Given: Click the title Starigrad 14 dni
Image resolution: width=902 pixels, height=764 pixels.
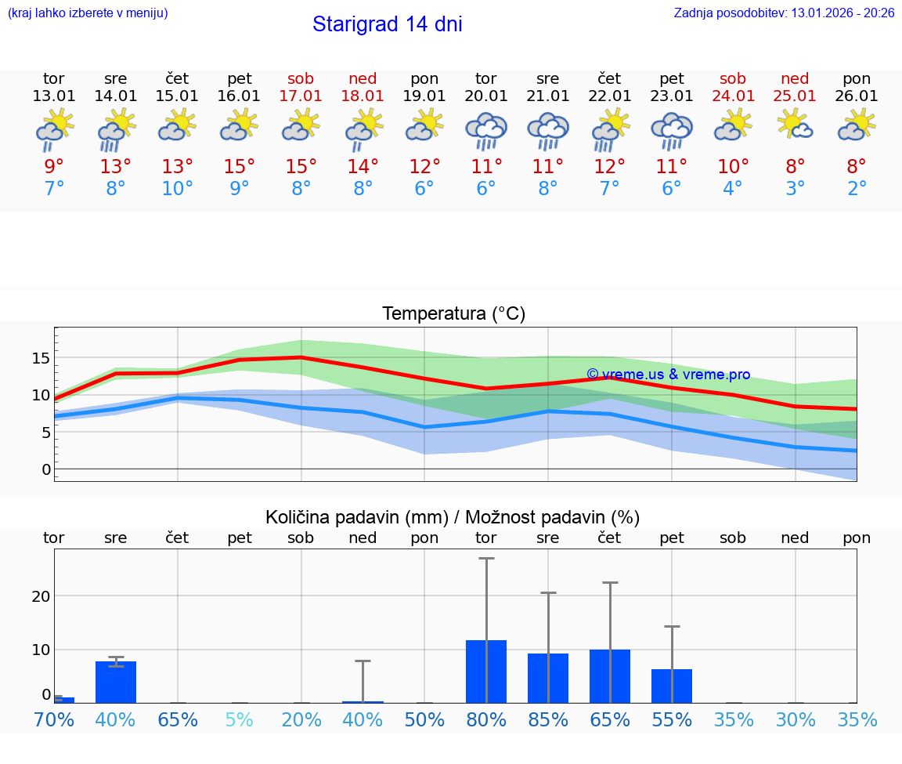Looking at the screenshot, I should tap(387, 24).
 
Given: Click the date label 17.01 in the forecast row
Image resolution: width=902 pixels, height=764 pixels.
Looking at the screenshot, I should tap(301, 96).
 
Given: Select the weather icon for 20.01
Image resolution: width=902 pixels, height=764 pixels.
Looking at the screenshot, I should tap(486, 131).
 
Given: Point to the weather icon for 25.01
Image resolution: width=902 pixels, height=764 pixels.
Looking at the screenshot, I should tap(796, 126).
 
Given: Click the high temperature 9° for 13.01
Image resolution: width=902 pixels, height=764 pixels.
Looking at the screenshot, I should tap(54, 167).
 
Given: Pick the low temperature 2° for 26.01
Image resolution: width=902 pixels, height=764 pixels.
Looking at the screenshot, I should tap(857, 189).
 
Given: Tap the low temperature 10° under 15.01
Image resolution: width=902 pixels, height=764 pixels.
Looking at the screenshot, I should tap(178, 189).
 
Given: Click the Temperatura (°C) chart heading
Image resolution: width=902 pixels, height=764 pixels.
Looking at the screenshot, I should tap(453, 313).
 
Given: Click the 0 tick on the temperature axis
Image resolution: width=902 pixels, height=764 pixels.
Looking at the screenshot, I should tap(46, 469).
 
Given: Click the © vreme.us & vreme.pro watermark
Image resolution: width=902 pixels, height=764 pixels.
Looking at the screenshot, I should tap(668, 375).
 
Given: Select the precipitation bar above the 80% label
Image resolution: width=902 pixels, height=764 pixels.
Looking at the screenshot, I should tap(486, 672).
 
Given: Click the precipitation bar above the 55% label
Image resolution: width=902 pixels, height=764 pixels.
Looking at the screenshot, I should tap(672, 686).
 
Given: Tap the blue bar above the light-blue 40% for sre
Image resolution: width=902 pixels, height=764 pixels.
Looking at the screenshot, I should tap(116, 682).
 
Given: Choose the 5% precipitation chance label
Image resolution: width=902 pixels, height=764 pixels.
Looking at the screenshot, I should tap(240, 720).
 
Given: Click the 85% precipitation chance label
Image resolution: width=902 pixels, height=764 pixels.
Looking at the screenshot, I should tap(548, 720).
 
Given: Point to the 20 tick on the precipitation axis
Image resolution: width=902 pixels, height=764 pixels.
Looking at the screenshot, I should tap(41, 596).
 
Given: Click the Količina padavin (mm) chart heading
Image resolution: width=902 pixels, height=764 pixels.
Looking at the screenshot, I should tap(356, 517).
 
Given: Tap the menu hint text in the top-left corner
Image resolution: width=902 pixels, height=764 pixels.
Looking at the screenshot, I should tap(88, 13).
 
